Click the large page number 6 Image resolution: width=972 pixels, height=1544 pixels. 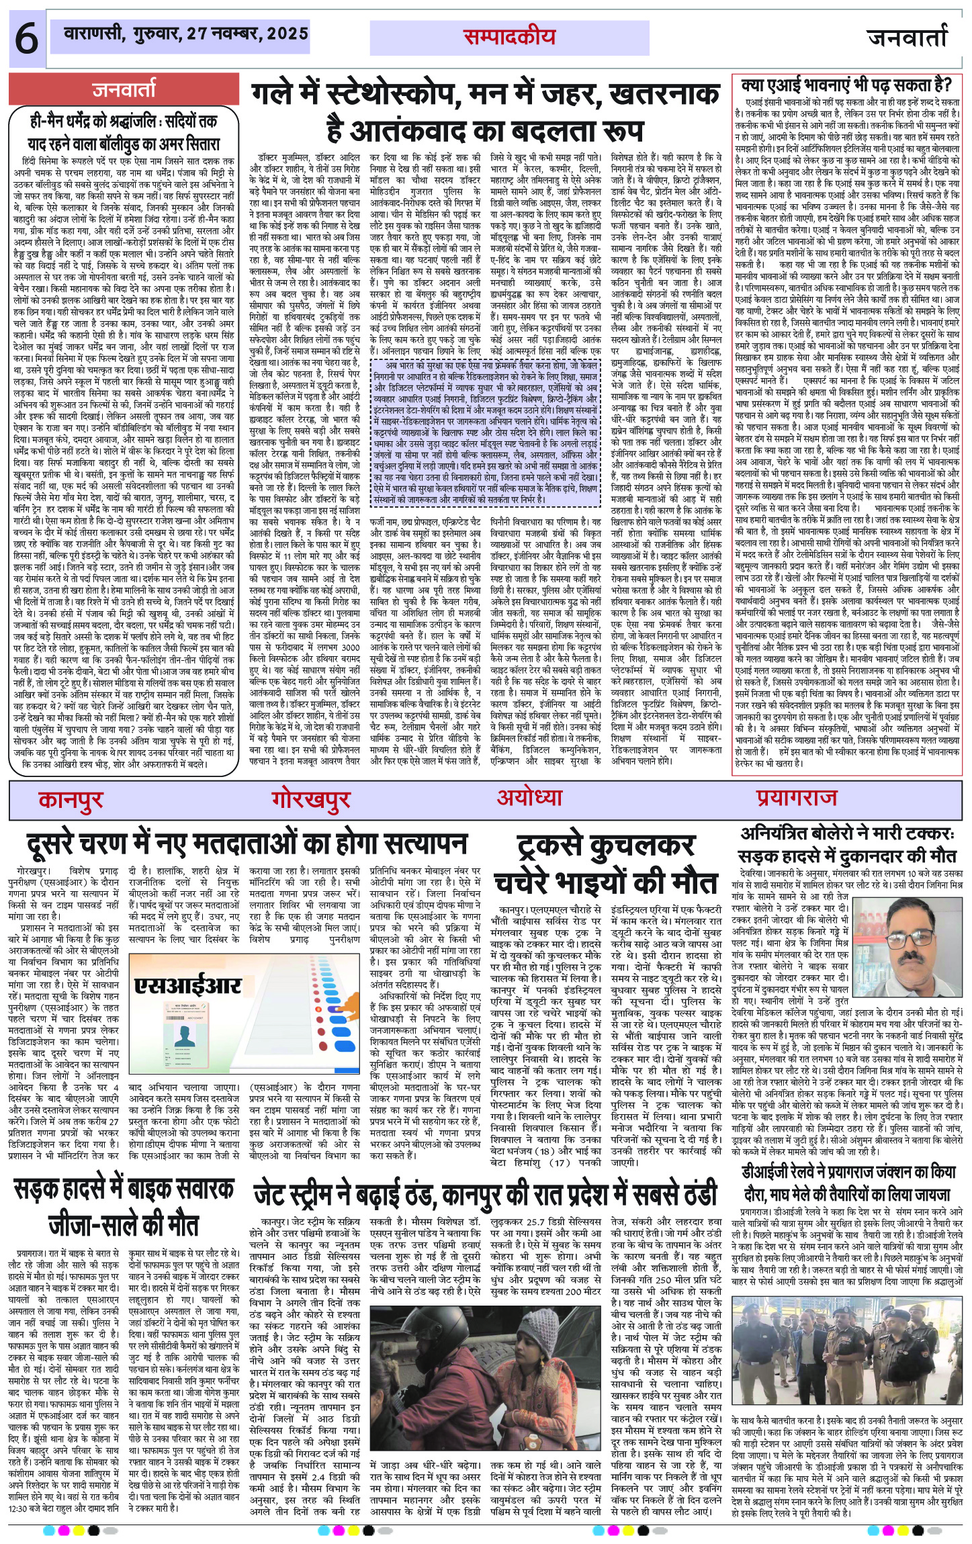(26, 40)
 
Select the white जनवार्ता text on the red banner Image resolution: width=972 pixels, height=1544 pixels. (124, 89)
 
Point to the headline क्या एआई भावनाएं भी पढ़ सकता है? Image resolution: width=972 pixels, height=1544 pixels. (846, 85)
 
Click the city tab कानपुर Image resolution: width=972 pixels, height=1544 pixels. (71, 799)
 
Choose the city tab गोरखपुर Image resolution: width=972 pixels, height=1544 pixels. (311, 799)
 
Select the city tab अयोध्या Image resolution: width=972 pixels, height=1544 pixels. (529, 797)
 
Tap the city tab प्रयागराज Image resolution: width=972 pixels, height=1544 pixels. (796, 797)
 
